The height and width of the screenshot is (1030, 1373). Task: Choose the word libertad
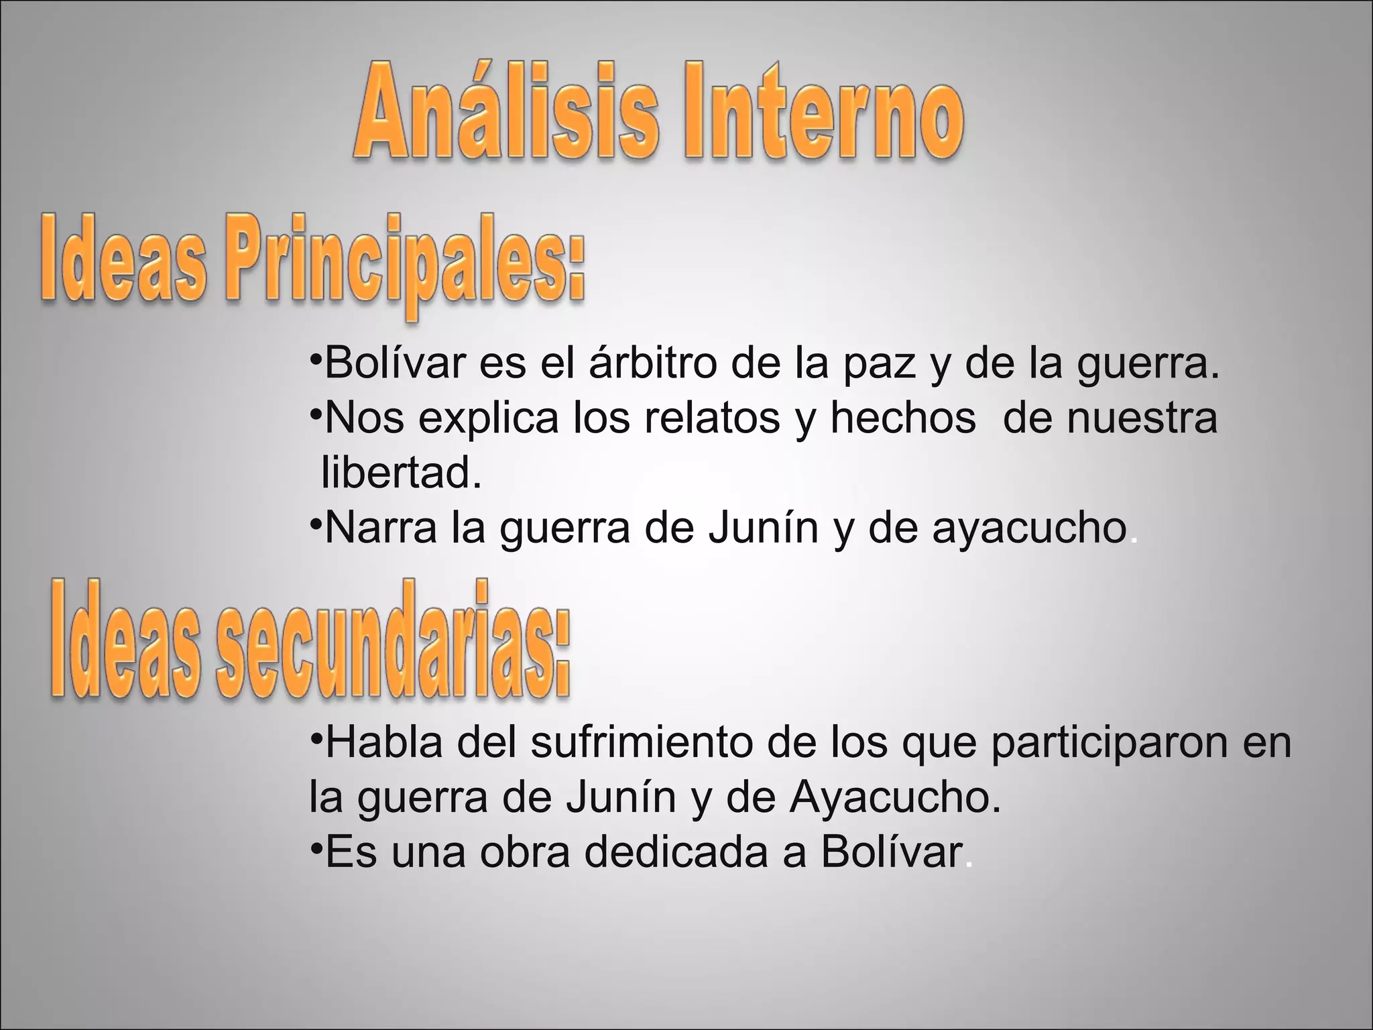tap(401, 472)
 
